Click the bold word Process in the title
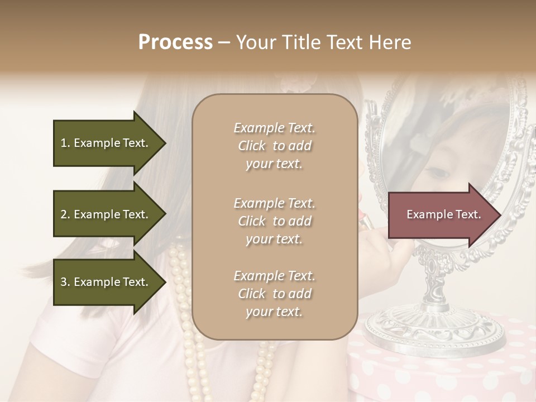[175, 42]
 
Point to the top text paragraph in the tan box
[274, 146]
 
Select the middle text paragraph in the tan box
[274, 221]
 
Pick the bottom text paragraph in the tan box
[274, 294]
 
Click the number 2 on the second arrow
[64, 214]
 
